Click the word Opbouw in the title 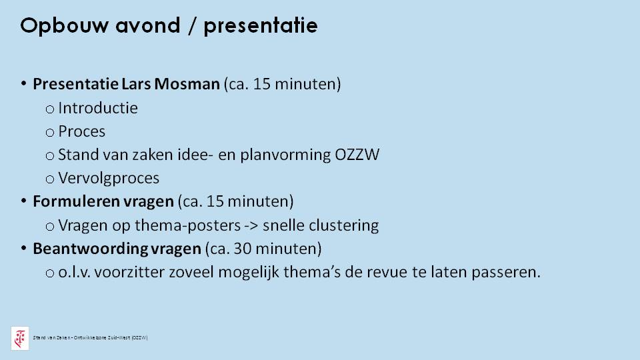(65, 26)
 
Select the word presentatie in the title (261, 26)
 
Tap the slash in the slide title (192, 26)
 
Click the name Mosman (187, 84)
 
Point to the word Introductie (98, 108)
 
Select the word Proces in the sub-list (81, 131)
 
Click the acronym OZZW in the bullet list (357, 155)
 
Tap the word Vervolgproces (109, 179)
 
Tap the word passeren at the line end (506, 272)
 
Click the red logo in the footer (20, 339)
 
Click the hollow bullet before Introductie (50, 109)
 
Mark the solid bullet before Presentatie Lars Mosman (24, 84)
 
